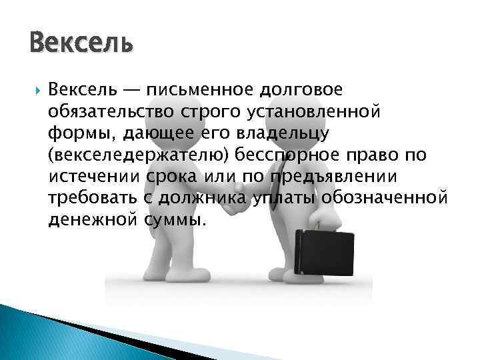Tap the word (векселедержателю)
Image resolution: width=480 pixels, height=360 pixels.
coord(129,156)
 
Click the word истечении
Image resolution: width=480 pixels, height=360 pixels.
coord(91,177)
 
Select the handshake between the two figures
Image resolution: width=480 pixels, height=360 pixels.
coord(234,207)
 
